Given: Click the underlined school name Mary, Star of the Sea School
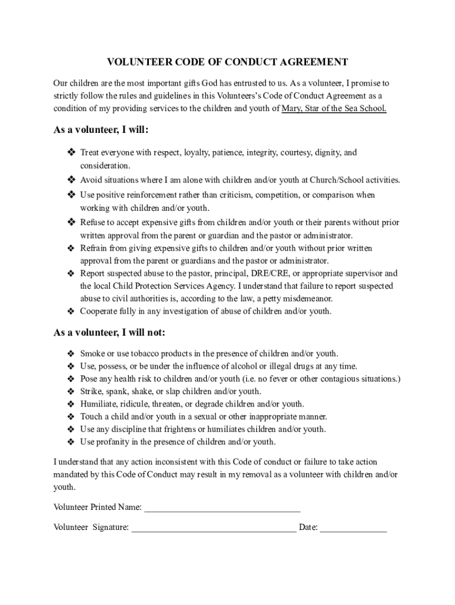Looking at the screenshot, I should point(334,108).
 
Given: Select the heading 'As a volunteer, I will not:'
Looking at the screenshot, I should point(109,332).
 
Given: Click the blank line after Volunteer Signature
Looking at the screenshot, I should point(213,528).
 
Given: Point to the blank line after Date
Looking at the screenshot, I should point(353,528).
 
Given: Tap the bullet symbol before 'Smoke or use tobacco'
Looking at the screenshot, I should point(70,354).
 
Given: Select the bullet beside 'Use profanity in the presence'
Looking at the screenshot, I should point(70,442).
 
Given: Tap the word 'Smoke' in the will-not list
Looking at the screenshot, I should point(92,354).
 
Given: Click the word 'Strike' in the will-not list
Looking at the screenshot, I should point(91,392).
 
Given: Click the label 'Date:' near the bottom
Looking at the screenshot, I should point(308,528).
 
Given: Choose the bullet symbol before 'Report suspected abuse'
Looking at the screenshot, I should point(70,274).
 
